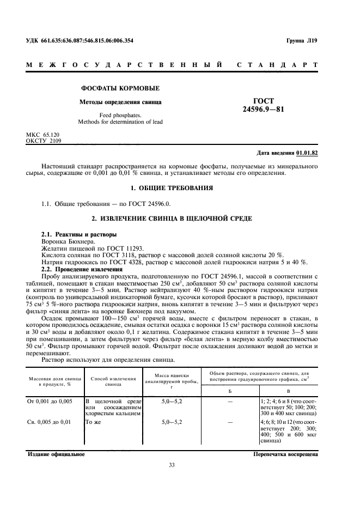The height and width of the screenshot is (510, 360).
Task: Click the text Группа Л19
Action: [x=301, y=40]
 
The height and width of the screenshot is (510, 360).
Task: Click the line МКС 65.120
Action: [x=44, y=134]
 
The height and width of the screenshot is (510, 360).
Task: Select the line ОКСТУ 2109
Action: [x=44, y=140]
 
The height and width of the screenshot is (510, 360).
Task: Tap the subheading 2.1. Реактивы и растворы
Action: [x=79, y=234]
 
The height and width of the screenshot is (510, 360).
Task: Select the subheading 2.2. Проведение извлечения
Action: [x=82, y=269]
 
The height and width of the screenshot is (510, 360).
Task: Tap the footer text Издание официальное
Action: [x=52, y=454]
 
